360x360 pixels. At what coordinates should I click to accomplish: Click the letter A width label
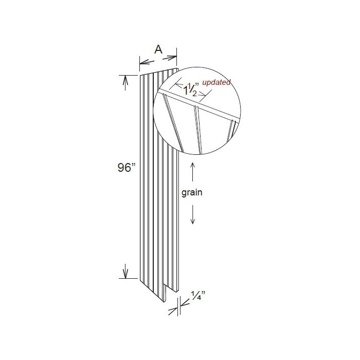click(158, 50)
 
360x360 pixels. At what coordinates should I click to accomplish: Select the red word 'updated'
click(216, 82)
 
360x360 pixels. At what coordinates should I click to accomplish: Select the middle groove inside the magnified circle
click(197, 129)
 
